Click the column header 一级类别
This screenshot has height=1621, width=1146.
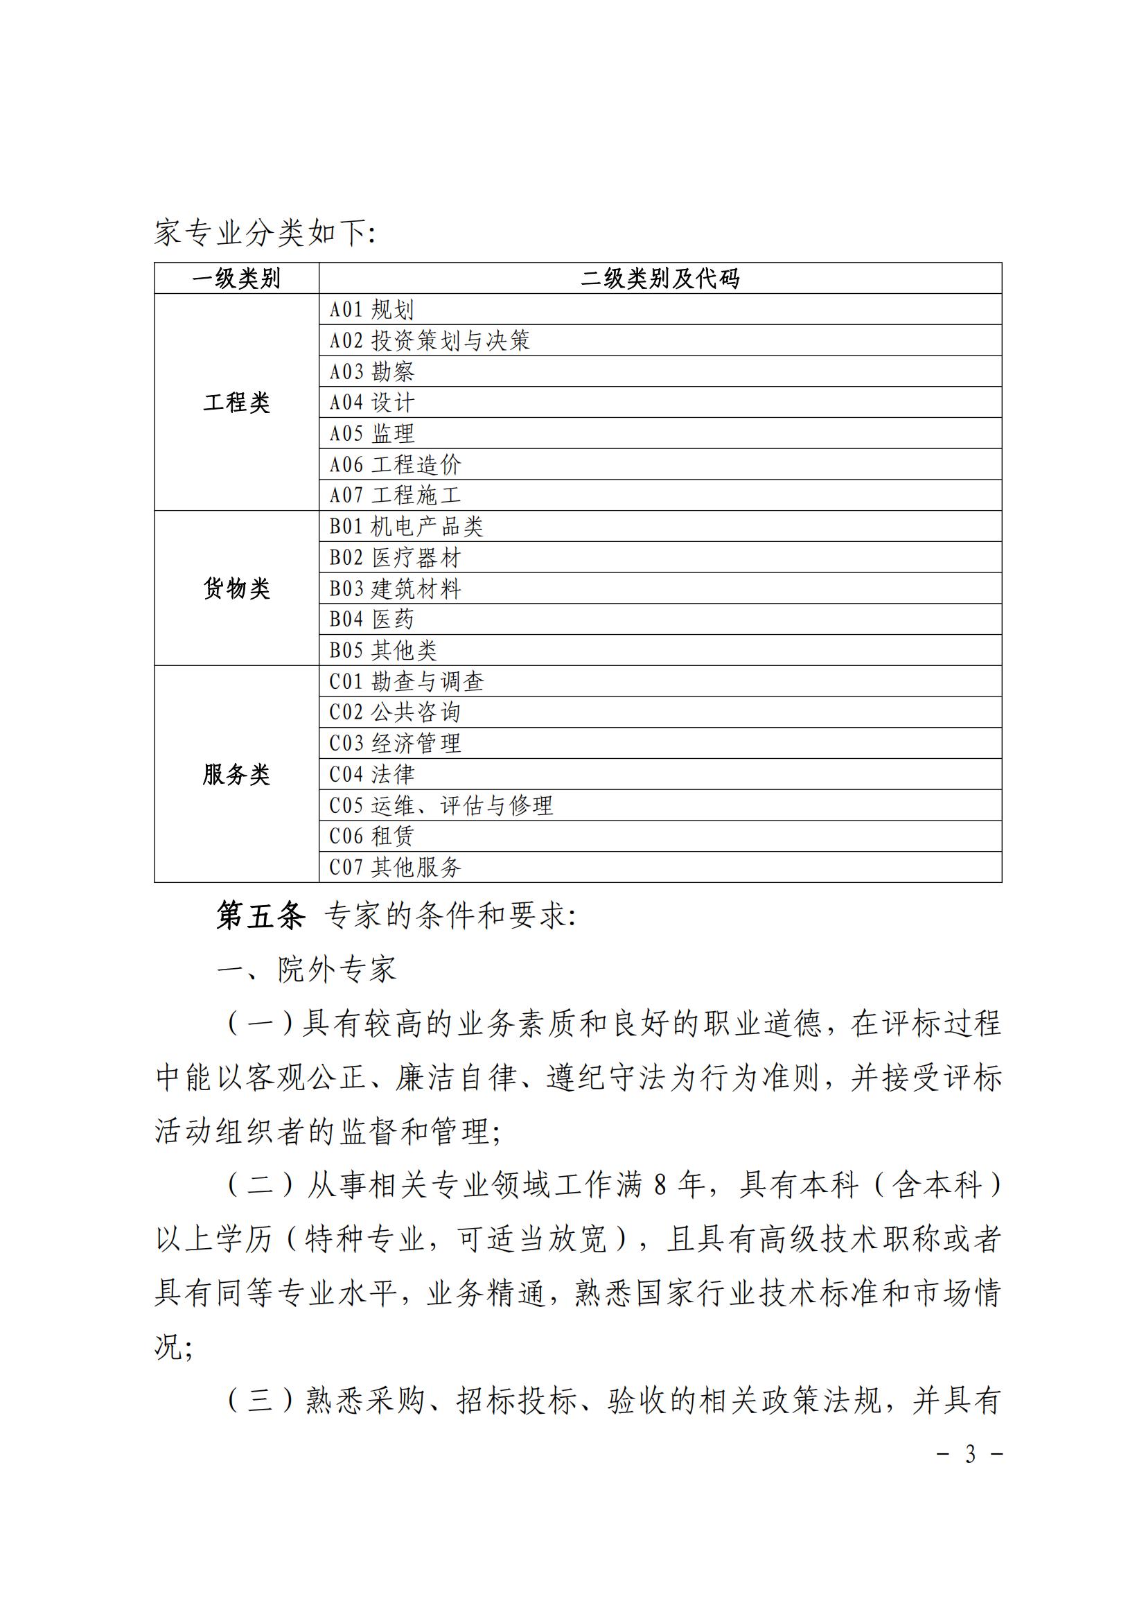tap(236, 279)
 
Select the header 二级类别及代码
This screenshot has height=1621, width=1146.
tap(660, 279)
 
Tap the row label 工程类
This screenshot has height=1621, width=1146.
tap(236, 403)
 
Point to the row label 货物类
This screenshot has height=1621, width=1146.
tap(236, 588)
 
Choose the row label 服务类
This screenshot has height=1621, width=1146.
tap(236, 775)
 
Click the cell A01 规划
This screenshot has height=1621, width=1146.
tap(372, 310)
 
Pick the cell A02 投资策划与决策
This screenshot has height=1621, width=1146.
tap(429, 341)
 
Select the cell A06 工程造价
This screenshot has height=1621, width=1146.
tap(395, 464)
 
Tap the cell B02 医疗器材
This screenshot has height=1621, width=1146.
tap(395, 558)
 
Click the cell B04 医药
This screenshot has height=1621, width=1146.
tap(372, 619)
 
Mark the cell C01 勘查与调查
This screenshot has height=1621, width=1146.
tap(407, 681)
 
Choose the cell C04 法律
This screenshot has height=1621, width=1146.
tap(372, 775)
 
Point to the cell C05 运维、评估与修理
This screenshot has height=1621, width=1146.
tap(441, 805)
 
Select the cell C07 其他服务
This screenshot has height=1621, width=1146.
tap(395, 867)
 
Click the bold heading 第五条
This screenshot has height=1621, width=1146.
tap(261, 915)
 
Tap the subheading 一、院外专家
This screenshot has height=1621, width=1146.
tap(306, 970)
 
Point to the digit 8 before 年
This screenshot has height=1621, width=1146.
tap(660, 1185)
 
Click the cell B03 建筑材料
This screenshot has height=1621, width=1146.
tap(395, 589)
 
